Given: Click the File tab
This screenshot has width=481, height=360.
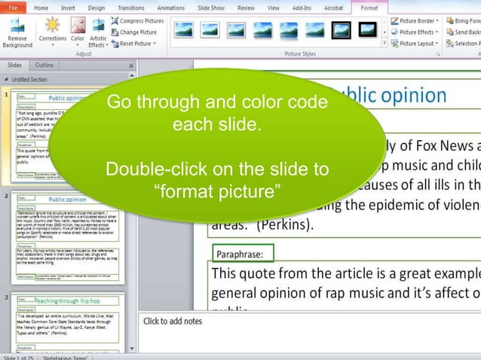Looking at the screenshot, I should coord(13,8).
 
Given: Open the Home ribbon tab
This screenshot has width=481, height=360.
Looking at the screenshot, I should coord(41,8).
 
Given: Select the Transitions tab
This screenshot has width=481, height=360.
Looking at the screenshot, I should coord(131,8).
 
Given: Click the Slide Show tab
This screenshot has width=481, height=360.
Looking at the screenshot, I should coord(210,8).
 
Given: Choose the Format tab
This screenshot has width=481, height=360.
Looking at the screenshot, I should coord(369,8).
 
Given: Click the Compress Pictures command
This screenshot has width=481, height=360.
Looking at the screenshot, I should coord(138,21).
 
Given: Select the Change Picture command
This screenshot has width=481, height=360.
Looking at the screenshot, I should coord(135,32).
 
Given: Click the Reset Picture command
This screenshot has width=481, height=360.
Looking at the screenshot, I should coord(135,44).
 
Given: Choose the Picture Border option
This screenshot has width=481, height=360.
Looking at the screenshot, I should coord(417,21).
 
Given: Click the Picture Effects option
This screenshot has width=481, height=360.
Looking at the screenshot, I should coord(417,32).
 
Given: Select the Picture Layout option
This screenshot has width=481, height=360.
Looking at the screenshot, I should coord(417,44).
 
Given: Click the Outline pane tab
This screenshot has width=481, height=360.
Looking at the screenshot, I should coord(44,66).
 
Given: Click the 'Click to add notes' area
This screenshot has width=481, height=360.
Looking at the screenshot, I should coord(173,322).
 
